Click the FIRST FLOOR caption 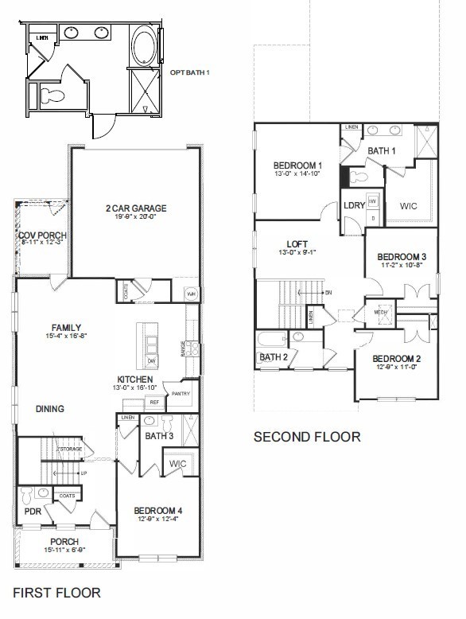(56, 592)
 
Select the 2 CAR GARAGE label (136, 208)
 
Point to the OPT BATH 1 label (190, 72)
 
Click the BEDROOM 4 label (157, 510)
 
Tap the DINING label (49, 409)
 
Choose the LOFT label (297, 244)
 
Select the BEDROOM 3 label (402, 256)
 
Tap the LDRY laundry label (355, 206)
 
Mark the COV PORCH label (42, 236)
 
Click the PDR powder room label (33, 512)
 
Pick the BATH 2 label (274, 356)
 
